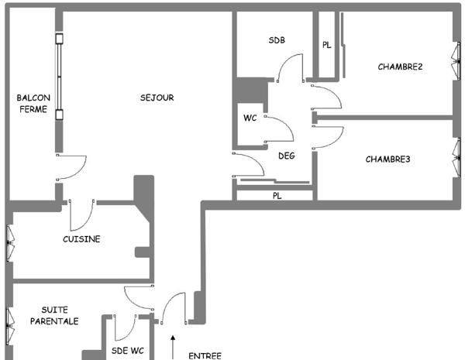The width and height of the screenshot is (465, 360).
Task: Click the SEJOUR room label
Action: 157,98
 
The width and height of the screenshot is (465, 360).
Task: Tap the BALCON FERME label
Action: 33,104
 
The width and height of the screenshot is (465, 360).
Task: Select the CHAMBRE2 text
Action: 400,67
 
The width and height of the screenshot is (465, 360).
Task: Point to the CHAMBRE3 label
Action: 387,159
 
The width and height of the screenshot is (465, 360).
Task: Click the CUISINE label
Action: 81,239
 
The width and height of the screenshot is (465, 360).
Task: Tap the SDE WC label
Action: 128,351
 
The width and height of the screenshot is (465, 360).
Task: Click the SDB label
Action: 277,39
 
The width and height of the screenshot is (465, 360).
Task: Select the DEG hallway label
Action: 286,156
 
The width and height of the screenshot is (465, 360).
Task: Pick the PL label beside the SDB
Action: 326,46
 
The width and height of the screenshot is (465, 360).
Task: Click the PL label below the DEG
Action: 277,196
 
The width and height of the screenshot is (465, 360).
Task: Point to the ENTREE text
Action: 205,356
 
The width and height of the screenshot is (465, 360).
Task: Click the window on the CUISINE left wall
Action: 9,243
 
